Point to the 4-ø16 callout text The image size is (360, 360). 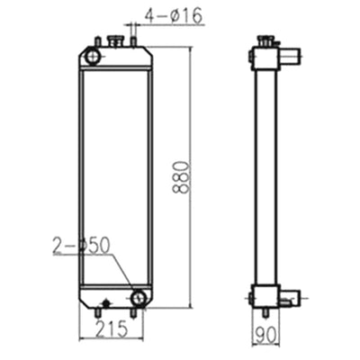click(x=171, y=13)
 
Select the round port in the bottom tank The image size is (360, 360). click(x=139, y=296)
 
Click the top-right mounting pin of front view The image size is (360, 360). click(x=134, y=40)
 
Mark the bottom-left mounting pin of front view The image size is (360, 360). click(x=96, y=312)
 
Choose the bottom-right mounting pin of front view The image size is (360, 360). click(x=134, y=312)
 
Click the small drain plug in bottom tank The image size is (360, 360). click(x=106, y=302)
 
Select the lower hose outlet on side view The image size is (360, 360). click(x=287, y=297)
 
